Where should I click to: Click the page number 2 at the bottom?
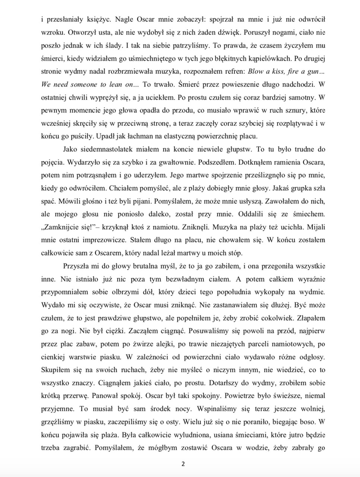pos(183,464)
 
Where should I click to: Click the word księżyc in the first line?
pos(89,19)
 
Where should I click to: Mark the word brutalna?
pos(148,266)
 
